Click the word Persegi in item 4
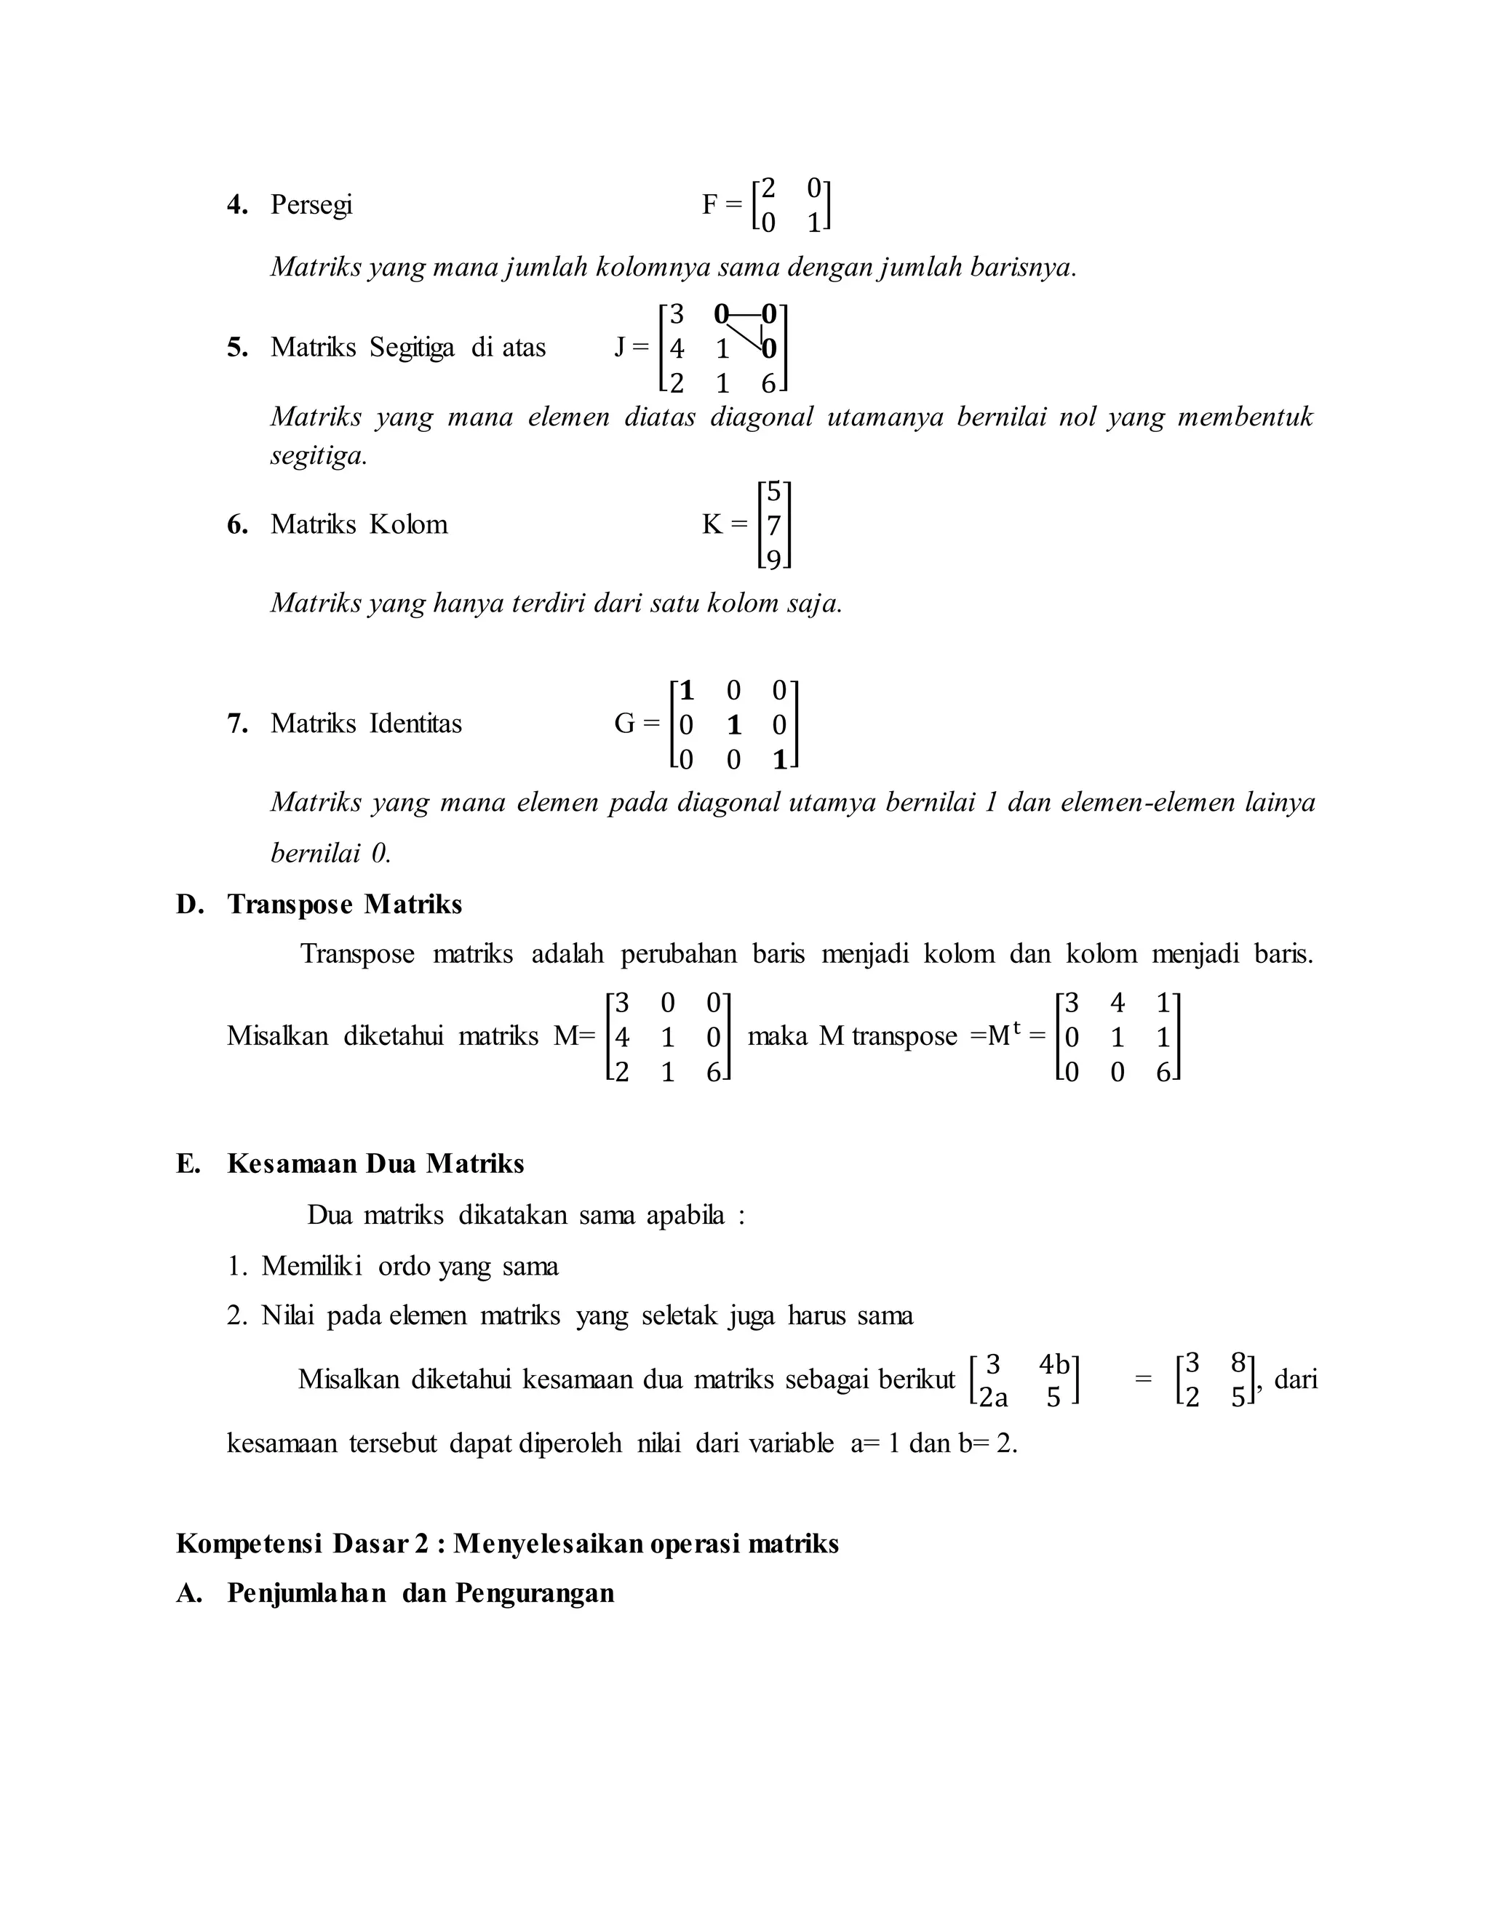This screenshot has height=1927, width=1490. click(311, 205)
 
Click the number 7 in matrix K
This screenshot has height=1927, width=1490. click(773, 526)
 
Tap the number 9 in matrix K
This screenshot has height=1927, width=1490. click(773, 560)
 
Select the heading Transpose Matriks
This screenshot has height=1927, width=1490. click(344, 905)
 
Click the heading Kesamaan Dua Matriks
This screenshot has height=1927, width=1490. click(375, 1163)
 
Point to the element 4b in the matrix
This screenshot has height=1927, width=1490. click(1054, 1365)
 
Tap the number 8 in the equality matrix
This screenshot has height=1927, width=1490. click(1238, 1364)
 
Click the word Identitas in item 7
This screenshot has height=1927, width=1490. click(415, 724)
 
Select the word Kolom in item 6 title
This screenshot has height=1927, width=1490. click(408, 524)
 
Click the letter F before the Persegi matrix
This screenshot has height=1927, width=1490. click(709, 205)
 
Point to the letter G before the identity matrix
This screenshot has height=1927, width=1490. click(624, 724)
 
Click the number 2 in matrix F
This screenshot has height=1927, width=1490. click(768, 188)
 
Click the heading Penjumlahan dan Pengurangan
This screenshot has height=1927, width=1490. click(421, 1593)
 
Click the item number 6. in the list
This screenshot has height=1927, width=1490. click(237, 525)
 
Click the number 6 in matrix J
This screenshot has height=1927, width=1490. click(768, 384)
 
